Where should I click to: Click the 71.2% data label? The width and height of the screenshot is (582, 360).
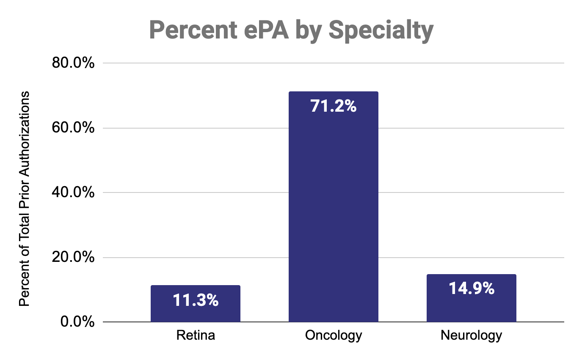pyautogui.click(x=333, y=106)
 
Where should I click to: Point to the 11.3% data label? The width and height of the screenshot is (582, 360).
pyautogui.click(x=195, y=300)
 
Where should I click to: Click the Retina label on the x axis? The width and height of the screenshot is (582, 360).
pyautogui.click(x=195, y=335)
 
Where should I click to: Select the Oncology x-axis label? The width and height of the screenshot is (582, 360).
pyautogui.click(x=333, y=335)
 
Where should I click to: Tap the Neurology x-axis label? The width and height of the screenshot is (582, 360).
pyautogui.click(x=471, y=335)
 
